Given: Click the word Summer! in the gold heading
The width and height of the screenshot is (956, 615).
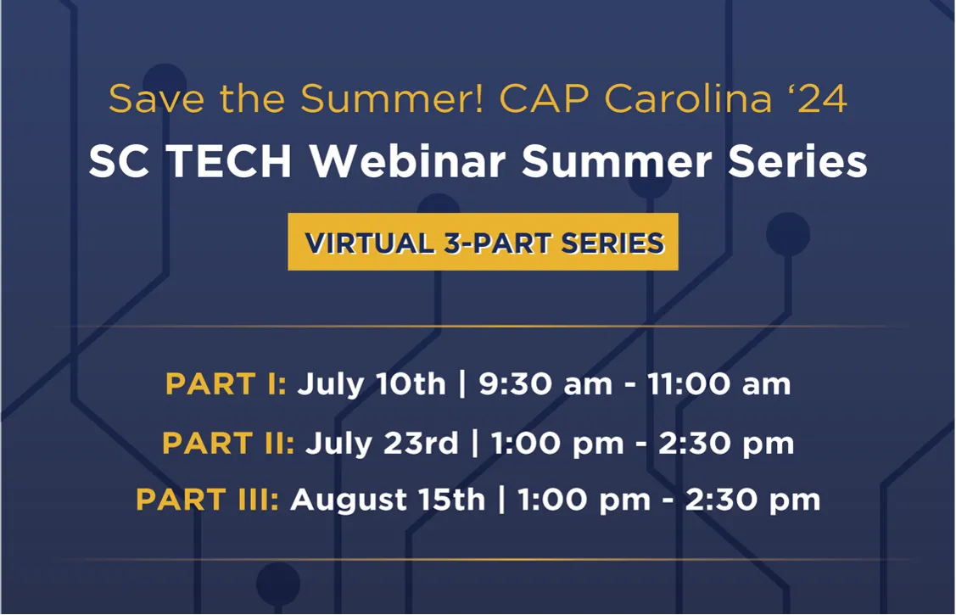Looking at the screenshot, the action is [392, 98].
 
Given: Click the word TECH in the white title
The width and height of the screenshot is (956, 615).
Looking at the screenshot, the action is [229, 161].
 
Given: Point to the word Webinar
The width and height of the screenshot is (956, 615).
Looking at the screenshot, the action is [408, 161].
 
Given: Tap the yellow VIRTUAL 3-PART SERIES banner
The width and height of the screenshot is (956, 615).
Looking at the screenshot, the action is [483, 242].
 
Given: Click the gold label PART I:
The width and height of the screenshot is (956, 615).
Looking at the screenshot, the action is [226, 384].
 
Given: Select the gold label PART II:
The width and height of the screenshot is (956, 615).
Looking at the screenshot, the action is [228, 443].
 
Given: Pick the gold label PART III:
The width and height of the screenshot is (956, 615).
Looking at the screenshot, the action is [207, 500].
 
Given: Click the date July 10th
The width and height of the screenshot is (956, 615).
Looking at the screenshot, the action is [372, 384].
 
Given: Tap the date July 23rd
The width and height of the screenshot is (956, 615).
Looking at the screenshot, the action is [382, 443].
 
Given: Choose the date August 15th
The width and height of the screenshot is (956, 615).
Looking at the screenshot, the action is [388, 500].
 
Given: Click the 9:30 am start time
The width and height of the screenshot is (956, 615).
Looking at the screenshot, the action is [545, 384].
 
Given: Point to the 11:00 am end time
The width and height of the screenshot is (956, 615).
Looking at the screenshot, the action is [718, 384].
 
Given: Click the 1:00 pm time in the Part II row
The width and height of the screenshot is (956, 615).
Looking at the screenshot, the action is [557, 444].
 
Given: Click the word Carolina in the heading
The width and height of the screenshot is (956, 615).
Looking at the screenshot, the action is [688, 98].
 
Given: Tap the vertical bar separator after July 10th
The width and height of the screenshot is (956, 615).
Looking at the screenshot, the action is [462, 384].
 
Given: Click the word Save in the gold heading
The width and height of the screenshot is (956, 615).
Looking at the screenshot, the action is [157, 98].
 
